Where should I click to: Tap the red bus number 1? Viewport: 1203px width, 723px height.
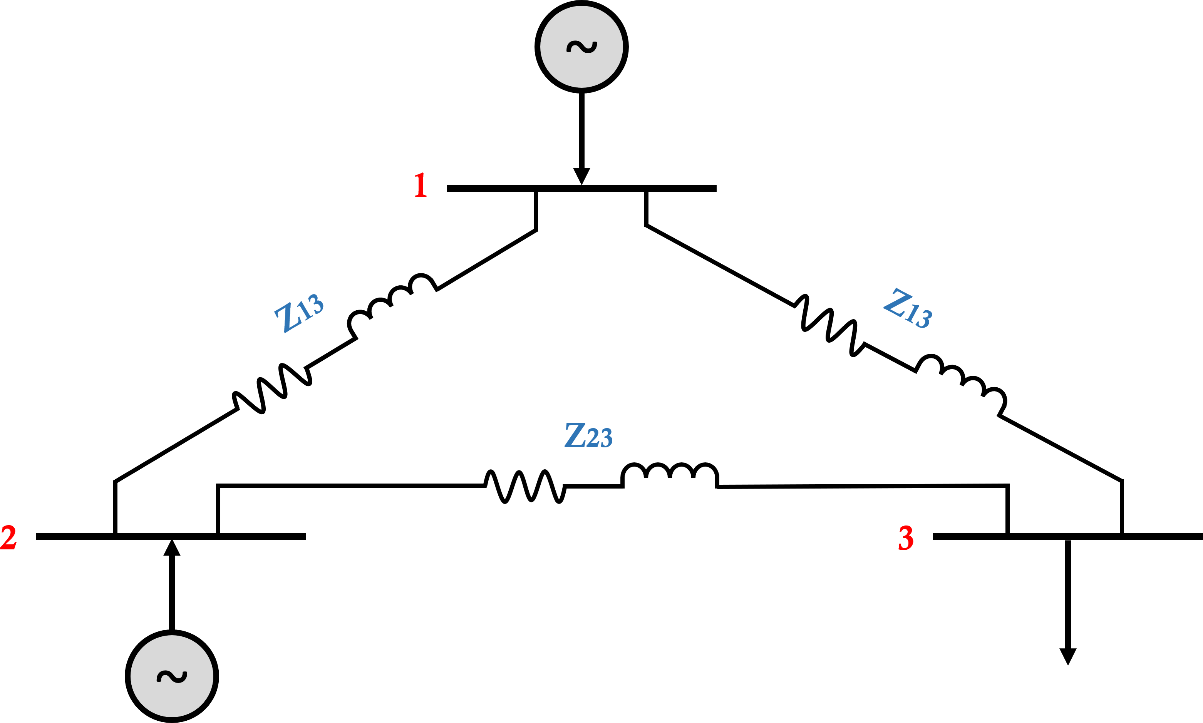(x=421, y=185)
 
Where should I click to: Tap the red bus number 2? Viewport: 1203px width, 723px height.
(x=8, y=538)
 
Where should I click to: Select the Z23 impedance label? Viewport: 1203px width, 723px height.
(x=588, y=435)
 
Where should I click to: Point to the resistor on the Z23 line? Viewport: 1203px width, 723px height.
(x=525, y=486)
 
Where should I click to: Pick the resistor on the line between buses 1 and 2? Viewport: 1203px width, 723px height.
(x=272, y=388)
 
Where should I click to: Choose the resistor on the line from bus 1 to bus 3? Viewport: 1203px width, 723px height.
(x=829, y=325)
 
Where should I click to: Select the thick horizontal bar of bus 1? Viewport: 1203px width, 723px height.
(x=487, y=189)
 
